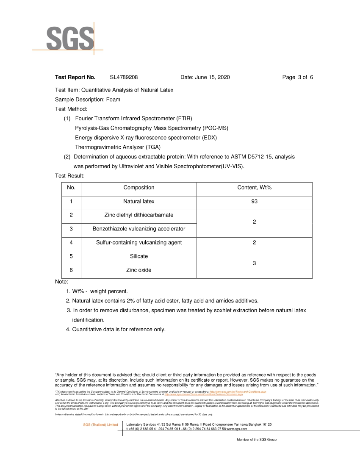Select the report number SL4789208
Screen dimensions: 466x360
coord(124,77)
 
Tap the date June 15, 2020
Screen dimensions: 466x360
coord(205,77)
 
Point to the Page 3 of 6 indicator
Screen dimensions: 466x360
coord(297,77)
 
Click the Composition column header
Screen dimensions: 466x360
coord(139,188)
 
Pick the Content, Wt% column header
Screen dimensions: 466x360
coord(254,188)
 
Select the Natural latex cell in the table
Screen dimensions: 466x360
coord(139,202)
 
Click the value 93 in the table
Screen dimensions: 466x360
coord(254,202)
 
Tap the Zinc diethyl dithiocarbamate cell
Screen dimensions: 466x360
coord(139,215)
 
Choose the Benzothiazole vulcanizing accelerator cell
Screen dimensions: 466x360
coord(139,229)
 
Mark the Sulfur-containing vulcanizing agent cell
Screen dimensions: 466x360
coord(139,243)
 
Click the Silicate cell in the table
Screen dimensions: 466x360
coord(139,256)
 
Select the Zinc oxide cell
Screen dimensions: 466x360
coord(139,270)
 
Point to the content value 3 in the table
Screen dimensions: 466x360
coord(254,264)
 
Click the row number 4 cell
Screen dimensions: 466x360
coord(71,243)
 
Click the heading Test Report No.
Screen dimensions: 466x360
coord(75,77)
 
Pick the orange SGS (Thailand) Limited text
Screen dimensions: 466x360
coord(100,425)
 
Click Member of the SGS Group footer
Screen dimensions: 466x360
coord(257,440)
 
